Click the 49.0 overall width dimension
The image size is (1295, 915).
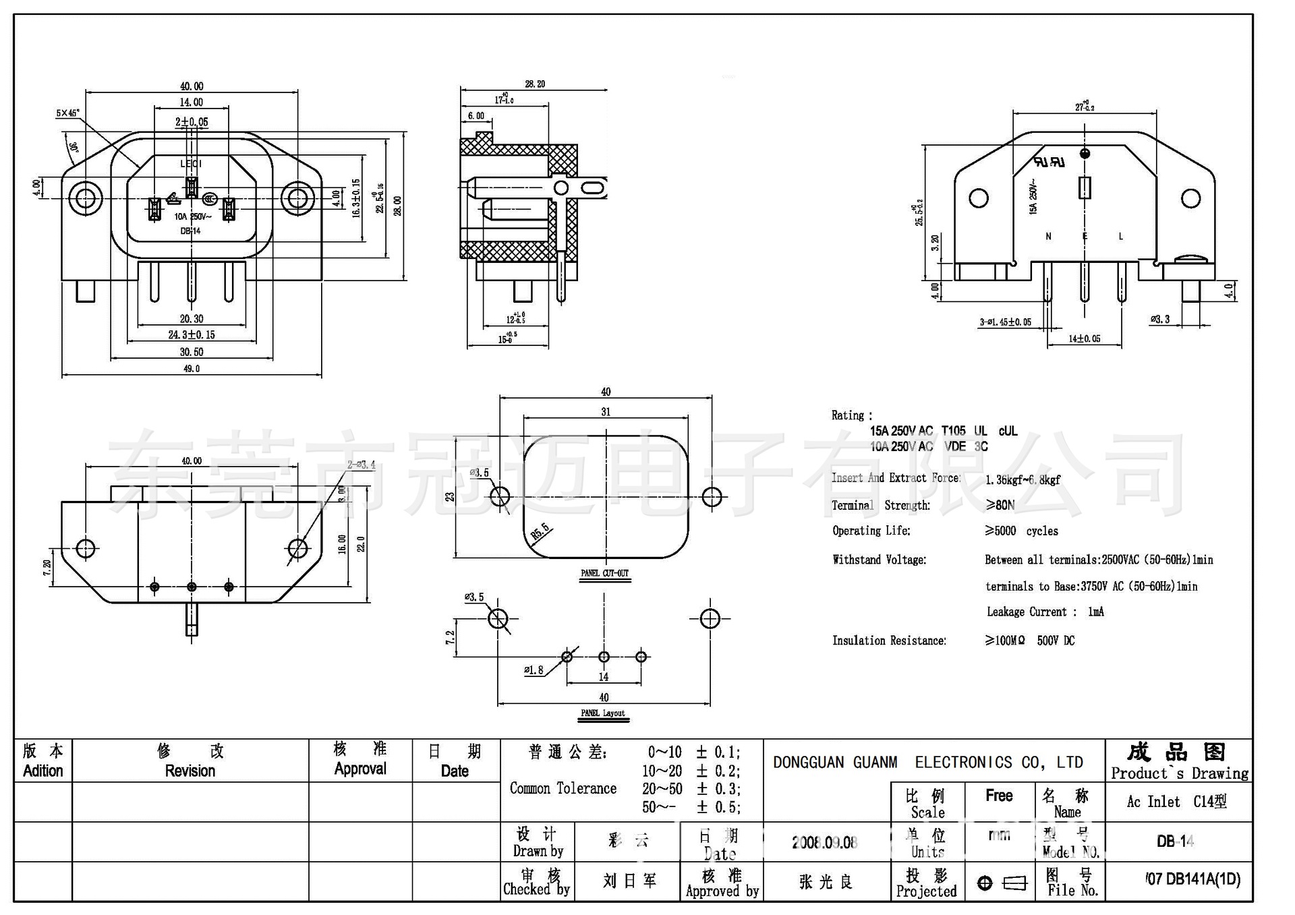click(x=192, y=369)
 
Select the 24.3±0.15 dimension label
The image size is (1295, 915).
click(x=192, y=334)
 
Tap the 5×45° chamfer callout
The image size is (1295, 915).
click(x=67, y=113)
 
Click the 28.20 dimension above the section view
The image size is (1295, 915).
click(x=535, y=84)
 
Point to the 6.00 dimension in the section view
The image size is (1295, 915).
click(x=476, y=116)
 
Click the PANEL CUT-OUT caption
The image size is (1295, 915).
click(x=604, y=573)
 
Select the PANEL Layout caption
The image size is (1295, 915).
click(x=603, y=713)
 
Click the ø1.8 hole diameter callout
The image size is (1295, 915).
click(x=534, y=670)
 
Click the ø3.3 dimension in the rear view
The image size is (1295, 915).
click(x=1160, y=319)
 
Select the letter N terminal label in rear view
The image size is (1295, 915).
click(x=1048, y=237)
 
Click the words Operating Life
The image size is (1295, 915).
click(x=871, y=531)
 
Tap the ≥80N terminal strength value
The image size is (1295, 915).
click(x=1000, y=505)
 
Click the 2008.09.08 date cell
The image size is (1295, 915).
click(x=824, y=842)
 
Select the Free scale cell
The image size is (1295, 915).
click(x=999, y=796)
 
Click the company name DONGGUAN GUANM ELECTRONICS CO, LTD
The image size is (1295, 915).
click(x=927, y=763)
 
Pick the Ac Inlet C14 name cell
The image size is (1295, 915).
click(x=1176, y=802)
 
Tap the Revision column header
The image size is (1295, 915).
click(x=190, y=771)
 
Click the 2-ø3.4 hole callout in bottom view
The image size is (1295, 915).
click(x=361, y=465)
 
